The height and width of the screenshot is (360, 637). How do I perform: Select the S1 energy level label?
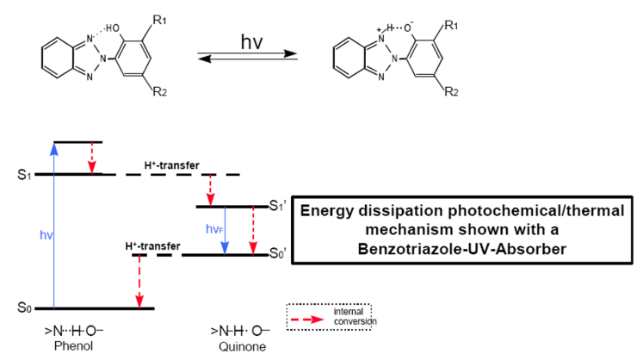pyautogui.click(x=24, y=175)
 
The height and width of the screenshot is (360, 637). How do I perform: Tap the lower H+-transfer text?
pyautogui.click(x=152, y=245)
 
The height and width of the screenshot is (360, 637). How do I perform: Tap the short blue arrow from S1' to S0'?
pyautogui.click(x=225, y=231)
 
